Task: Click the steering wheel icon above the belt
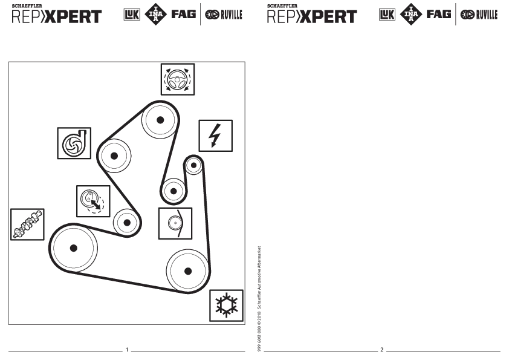pos(177,79)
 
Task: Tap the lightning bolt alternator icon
pos(215,136)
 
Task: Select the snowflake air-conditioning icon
pos(226,305)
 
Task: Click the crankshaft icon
pos(27,224)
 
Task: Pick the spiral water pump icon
pos(74,143)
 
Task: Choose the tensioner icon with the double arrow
pos(92,201)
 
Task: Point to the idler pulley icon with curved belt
pos(175,223)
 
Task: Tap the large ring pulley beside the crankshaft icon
pos(74,248)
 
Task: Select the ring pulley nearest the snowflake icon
pos(188,270)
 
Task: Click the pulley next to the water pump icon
pos(115,154)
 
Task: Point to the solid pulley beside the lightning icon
pos(192,166)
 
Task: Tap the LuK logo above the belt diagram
pos(131,15)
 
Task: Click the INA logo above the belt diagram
pos(155,14)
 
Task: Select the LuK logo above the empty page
pos(387,15)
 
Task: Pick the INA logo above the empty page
pos(411,14)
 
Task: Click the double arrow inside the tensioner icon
pos(96,205)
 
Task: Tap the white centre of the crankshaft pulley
pos(74,248)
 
